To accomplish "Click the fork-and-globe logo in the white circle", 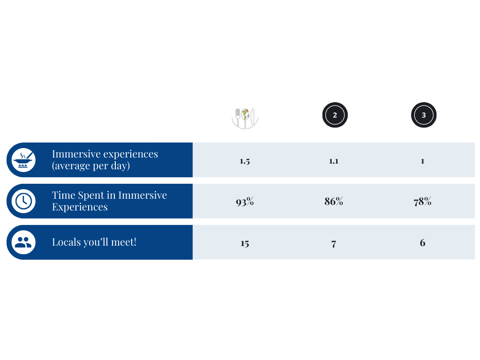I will [x=245, y=117].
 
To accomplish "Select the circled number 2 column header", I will [x=335, y=115].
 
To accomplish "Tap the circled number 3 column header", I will [x=424, y=115].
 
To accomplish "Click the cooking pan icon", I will [x=23, y=160].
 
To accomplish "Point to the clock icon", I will [x=23, y=201].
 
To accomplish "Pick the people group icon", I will [x=23, y=242].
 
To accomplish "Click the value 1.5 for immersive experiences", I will [x=245, y=161].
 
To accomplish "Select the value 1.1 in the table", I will [x=333, y=161].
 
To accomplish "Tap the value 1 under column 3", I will [x=422, y=161].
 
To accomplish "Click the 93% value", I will [x=245, y=202].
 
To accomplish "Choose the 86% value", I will [x=334, y=202].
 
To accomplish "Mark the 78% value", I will [x=422, y=202].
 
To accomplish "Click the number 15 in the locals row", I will [x=245, y=243].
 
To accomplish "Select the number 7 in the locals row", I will [x=333, y=244].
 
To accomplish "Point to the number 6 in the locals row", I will [x=422, y=243].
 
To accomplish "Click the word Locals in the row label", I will [x=65, y=242].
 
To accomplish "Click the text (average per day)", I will [x=90, y=166].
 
